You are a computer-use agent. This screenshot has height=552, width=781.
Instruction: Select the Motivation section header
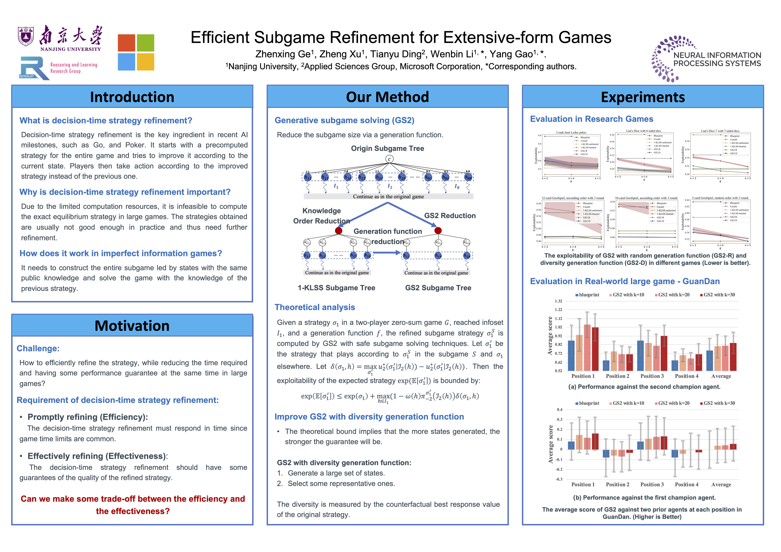pyautogui.click(x=132, y=326)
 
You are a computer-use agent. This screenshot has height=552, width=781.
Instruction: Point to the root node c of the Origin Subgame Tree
pyautogui.click(x=389, y=159)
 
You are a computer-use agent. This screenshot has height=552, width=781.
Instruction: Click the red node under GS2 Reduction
pyautogui.click(x=438, y=231)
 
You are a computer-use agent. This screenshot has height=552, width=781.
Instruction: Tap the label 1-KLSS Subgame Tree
pyautogui.click(x=336, y=288)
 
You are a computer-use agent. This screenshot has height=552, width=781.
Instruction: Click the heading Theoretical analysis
pyautogui.click(x=315, y=307)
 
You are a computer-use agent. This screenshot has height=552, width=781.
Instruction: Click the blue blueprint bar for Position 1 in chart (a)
pyautogui.click(x=572, y=355)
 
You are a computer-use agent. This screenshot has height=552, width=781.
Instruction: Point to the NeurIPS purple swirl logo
pyautogui.click(x=665, y=60)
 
